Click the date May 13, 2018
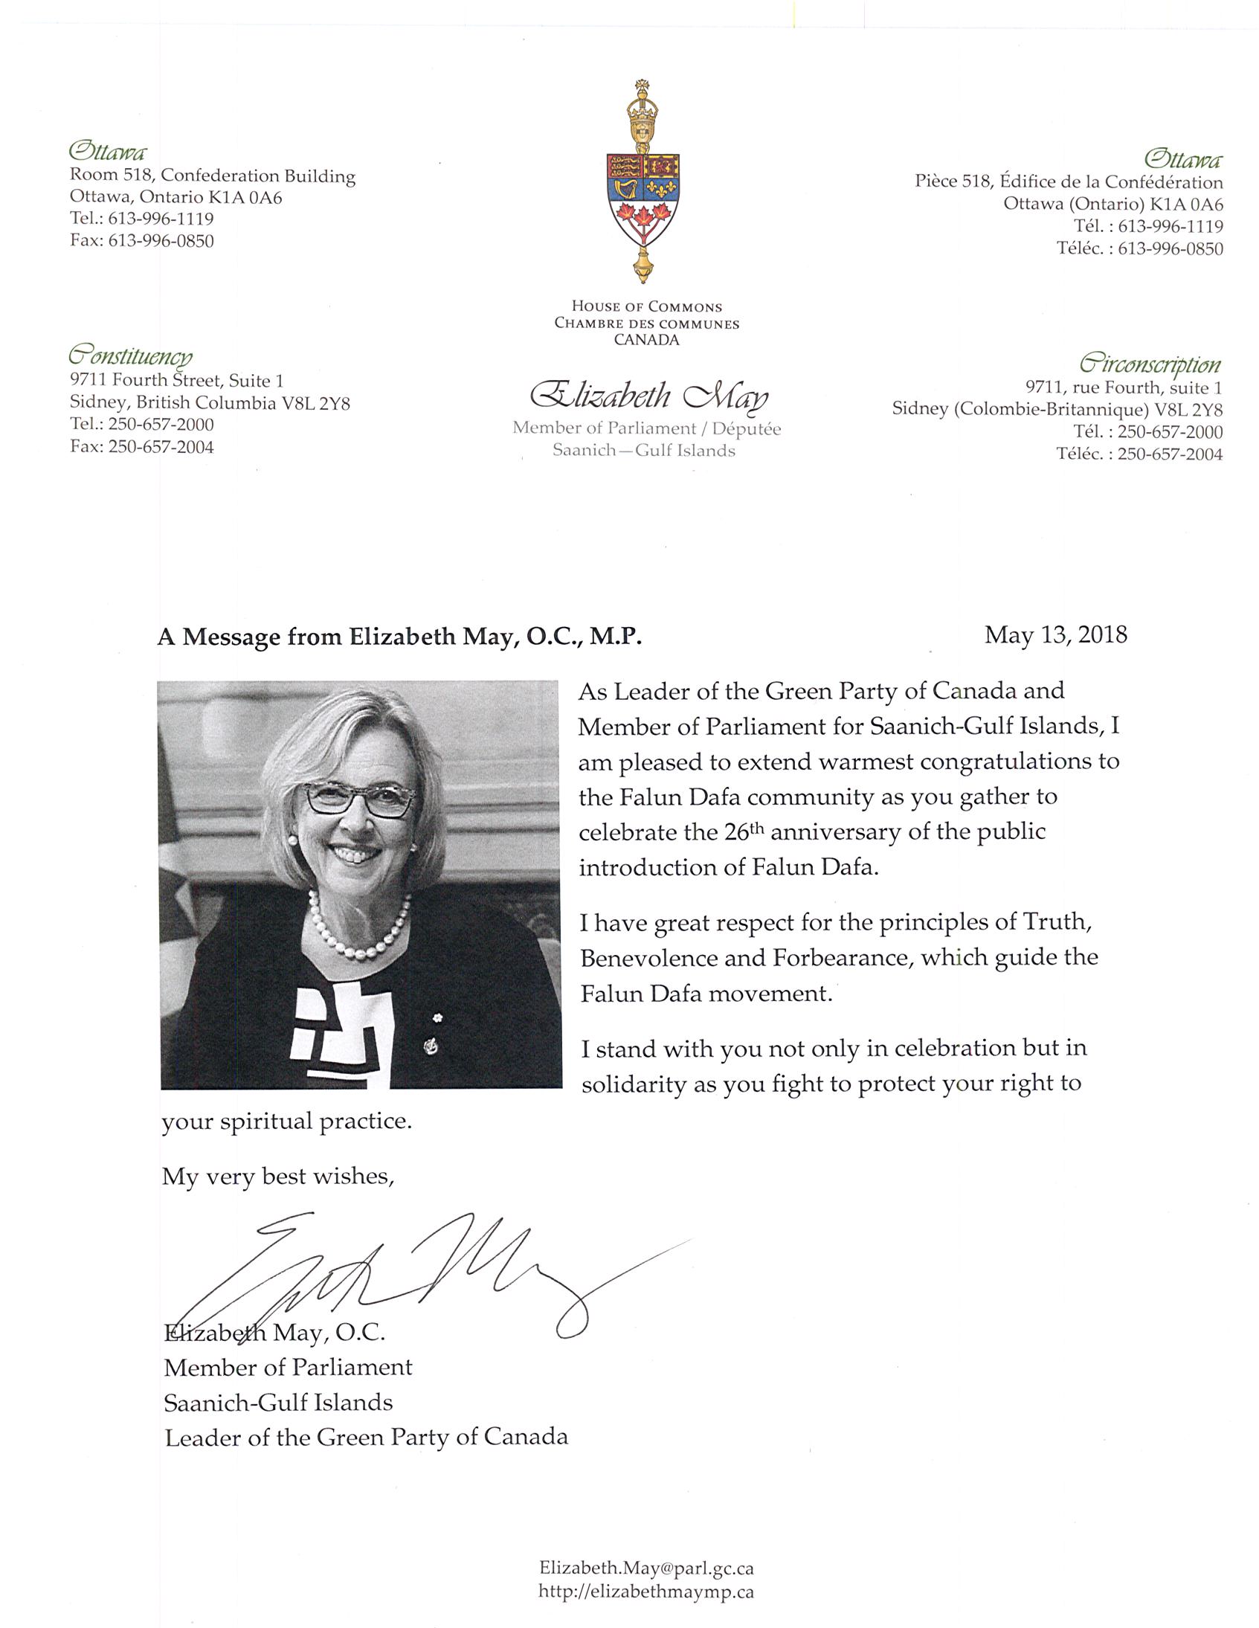click(1054, 635)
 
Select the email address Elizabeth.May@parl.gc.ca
click(645, 1568)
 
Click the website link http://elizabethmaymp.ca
click(645, 1592)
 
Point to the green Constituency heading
click(130, 354)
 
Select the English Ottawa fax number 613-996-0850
click(161, 241)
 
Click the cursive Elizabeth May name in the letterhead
click(648, 396)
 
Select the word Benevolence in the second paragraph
click(649, 958)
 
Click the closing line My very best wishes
click(277, 1177)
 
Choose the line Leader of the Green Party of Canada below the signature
click(366, 1437)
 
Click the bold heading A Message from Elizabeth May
click(399, 637)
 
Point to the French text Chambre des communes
click(646, 324)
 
